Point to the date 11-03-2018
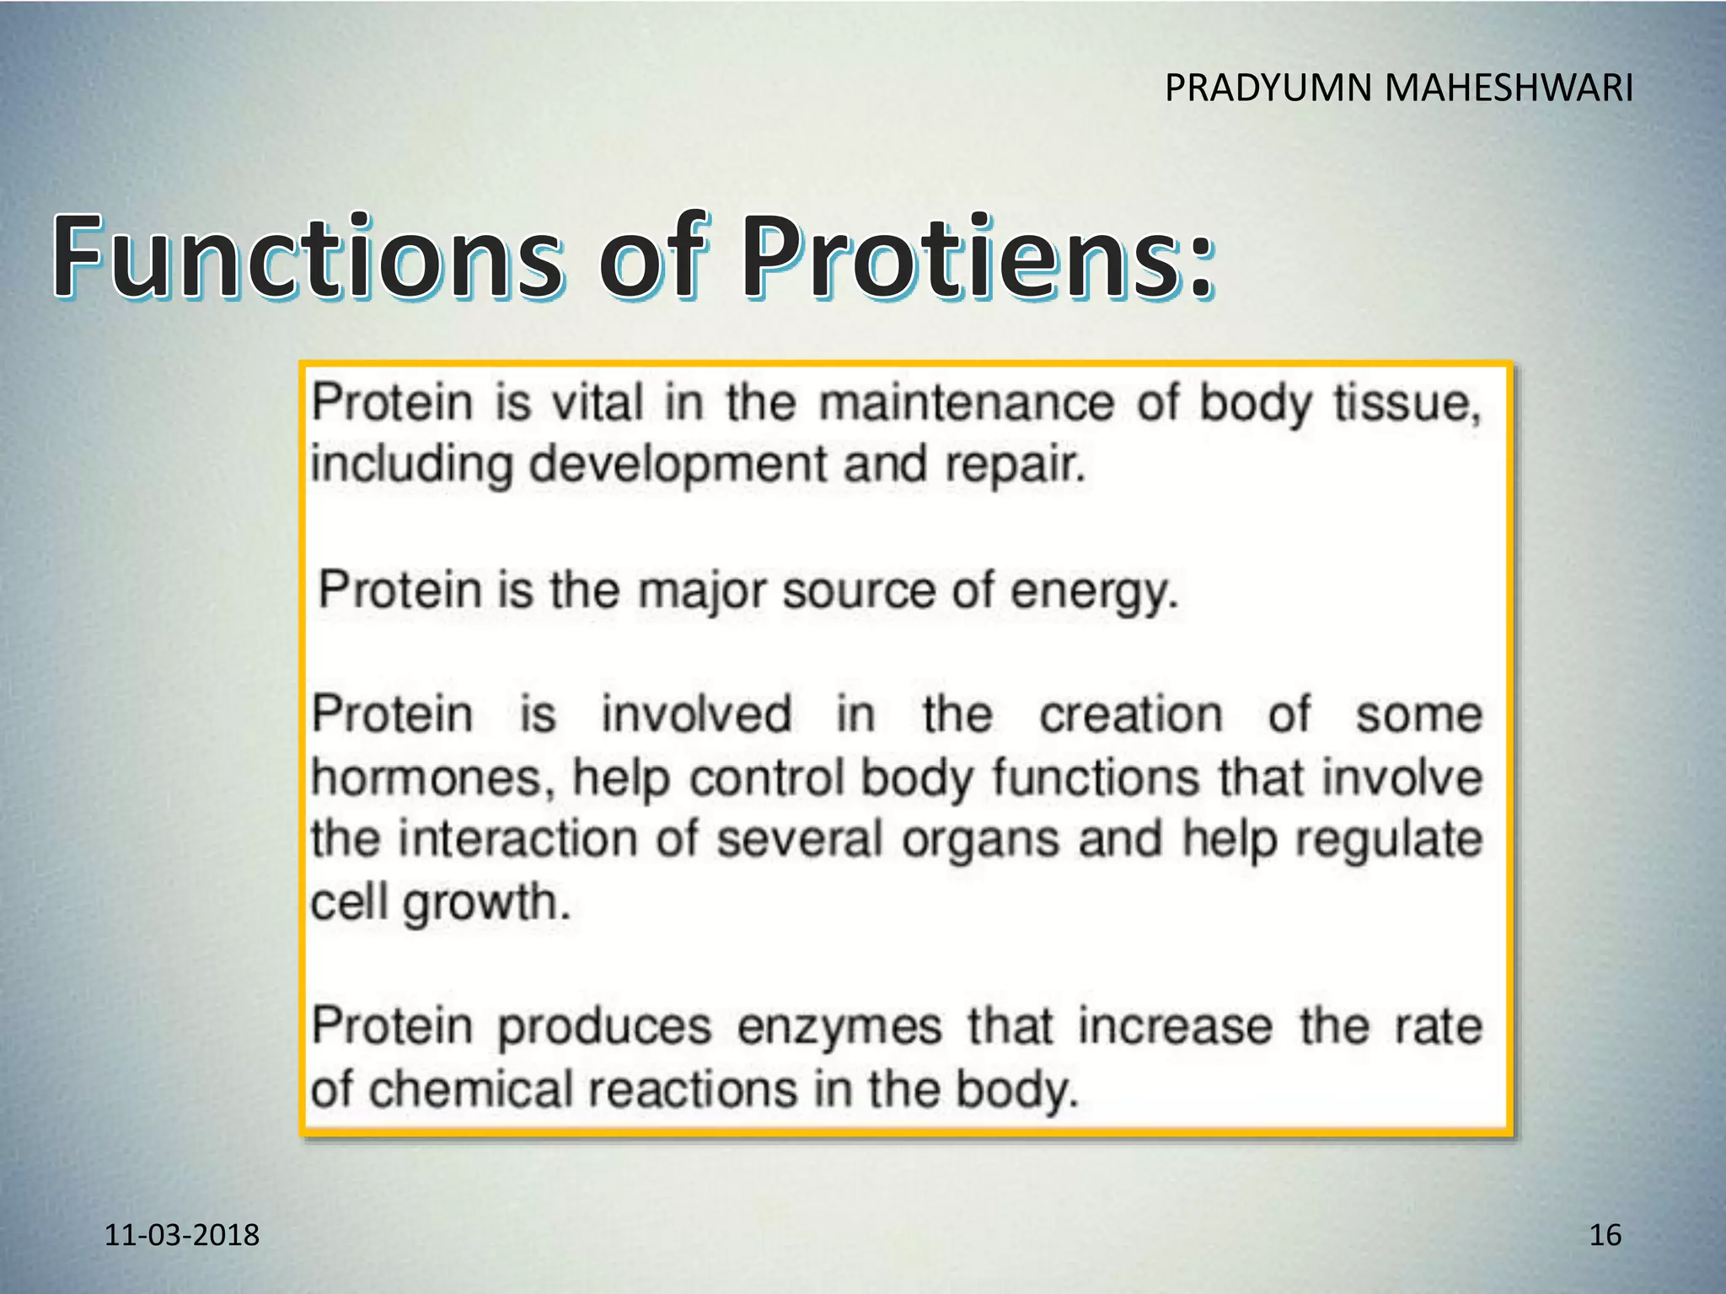[182, 1235]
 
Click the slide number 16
[1605, 1235]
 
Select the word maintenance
[967, 403]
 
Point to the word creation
[1130, 714]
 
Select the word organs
[980, 841]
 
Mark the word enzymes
[839, 1028]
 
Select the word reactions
[692, 1089]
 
